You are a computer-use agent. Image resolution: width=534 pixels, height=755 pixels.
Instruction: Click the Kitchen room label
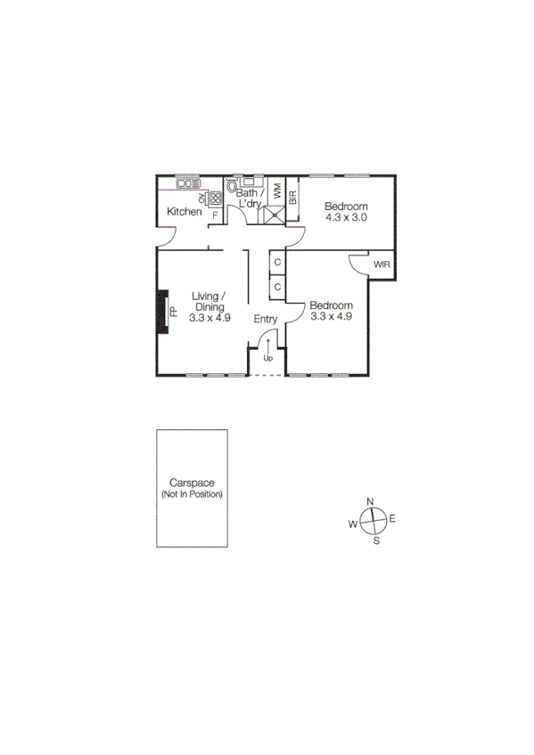click(185, 212)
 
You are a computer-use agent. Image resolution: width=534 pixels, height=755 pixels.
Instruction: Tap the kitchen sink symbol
click(188, 183)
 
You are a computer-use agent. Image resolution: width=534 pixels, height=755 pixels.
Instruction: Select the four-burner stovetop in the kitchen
click(215, 199)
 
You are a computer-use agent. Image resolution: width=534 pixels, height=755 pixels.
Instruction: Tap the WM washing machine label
click(277, 190)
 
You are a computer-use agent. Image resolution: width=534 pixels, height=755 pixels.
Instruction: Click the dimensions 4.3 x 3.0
click(347, 216)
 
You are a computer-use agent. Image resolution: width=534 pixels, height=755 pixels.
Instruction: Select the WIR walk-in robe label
click(382, 264)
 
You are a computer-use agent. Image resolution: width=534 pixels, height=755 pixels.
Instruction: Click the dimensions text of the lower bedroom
click(332, 315)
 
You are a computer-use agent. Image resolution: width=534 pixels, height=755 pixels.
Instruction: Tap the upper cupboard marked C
click(277, 263)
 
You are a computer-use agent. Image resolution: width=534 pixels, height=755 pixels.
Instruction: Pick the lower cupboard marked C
click(277, 287)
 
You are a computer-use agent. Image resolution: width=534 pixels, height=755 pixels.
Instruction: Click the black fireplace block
click(162, 312)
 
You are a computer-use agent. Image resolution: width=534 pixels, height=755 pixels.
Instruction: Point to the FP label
click(175, 312)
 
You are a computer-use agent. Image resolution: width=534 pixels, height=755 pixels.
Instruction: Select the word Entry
click(266, 319)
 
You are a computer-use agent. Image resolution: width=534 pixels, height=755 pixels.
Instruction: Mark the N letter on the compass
click(370, 501)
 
